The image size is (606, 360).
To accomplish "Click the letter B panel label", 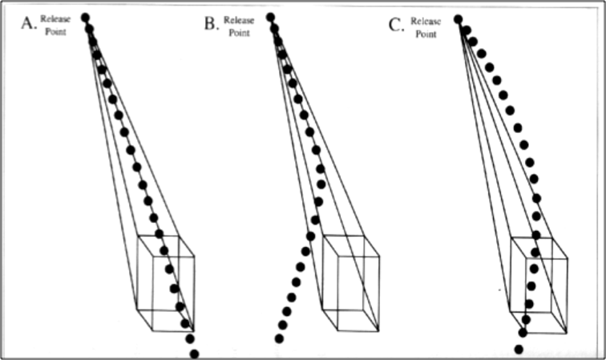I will pyautogui.click(x=212, y=23).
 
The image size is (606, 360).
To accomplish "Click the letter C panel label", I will pyautogui.click(x=396, y=25).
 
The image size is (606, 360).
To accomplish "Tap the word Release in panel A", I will pyautogui.click(x=55, y=20).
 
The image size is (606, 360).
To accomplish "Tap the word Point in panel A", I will pyautogui.click(x=55, y=31).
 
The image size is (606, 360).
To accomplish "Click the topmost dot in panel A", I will pyautogui.click(x=86, y=17).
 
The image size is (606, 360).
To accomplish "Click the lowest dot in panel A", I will pyautogui.click(x=194, y=354).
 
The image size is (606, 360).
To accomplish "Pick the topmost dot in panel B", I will pyautogui.click(x=270, y=17).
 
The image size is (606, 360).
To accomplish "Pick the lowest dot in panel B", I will pyautogui.click(x=279, y=338).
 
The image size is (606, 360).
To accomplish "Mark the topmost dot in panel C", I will pyautogui.click(x=458, y=18).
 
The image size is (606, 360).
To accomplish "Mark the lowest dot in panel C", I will pyautogui.click(x=519, y=350).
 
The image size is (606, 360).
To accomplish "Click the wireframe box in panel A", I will pyautogui.click(x=167, y=282).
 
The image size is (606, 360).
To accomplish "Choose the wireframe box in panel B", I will pyautogui.click(x=350, y=282).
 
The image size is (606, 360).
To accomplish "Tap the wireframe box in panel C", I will pyautogui.click(x=539, y=284).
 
